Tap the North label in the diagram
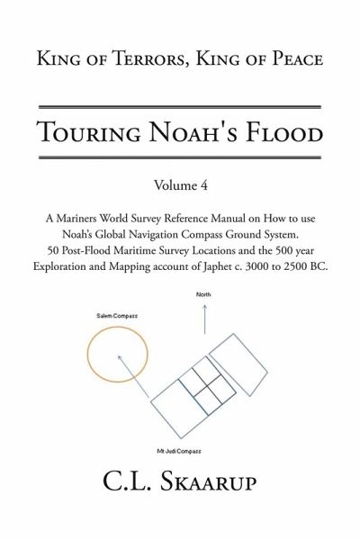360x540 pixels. [x=203, y=294]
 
